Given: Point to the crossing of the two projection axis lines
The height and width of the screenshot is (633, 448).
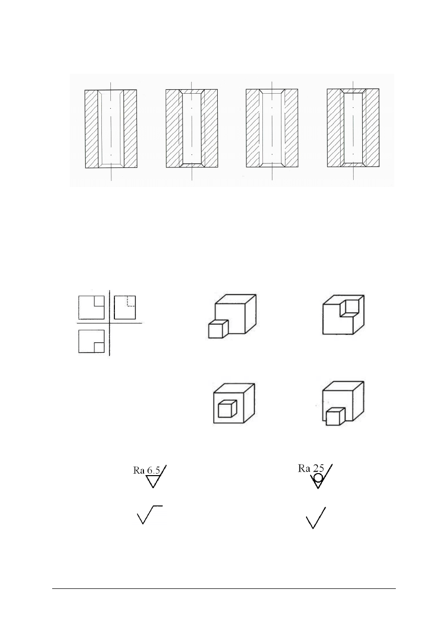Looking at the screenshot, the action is tap(109, 323).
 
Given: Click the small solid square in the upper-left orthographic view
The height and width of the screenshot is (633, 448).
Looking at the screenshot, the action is tap(99, 301).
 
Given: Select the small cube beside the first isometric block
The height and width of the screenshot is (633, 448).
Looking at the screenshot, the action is tap(218, 329).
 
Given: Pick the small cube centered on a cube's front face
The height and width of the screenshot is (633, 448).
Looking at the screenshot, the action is tap(227, 408).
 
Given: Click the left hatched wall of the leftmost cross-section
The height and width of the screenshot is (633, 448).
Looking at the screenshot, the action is tap(91, 129).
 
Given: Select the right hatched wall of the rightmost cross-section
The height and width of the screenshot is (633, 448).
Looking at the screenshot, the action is tap(372, 127).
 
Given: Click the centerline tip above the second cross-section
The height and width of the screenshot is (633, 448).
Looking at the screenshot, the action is tap(192, 82).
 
